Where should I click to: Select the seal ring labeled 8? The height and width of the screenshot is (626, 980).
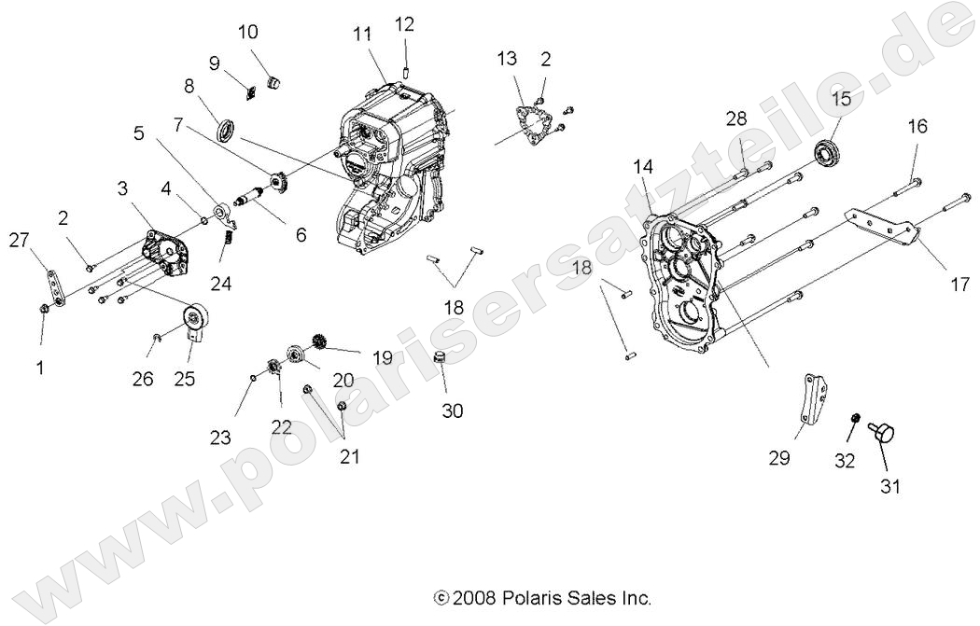pyautogui.click(x=227, y=129)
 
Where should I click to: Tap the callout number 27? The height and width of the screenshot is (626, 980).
pyautogui.click(x=20, y=241)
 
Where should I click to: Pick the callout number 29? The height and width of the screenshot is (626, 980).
pyautogui.click(x=779, y=458)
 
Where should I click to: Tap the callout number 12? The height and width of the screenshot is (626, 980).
pyautogui.click(x=404, y=23)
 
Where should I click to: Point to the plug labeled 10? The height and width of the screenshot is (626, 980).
pyautogui.click(x=273, y=82)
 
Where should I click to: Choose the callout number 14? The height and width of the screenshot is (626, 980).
pyautogui.click(x=669, y=166)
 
